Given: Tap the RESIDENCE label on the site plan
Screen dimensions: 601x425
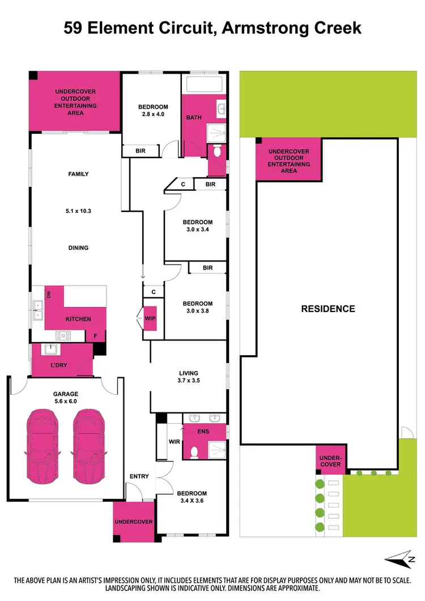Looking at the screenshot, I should point(328,309).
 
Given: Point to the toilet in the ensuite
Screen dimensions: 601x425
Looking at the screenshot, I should point(194,451).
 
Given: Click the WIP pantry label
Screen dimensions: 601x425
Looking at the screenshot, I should point(150,318).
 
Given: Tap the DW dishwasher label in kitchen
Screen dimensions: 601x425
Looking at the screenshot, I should point(49,295).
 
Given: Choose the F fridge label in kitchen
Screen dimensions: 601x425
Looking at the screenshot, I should point(96,336).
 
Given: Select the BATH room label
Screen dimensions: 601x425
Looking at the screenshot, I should point(194,118).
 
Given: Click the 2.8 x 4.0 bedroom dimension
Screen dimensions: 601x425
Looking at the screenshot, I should point(153,114).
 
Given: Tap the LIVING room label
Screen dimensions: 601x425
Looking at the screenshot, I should point(188,373).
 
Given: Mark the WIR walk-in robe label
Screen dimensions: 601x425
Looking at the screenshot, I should point(174,441).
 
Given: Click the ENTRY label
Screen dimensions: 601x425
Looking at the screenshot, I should point(139,476).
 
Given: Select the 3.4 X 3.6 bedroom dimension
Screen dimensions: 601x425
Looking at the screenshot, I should point(192,501).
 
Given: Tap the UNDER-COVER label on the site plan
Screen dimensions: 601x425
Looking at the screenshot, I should point(330,461).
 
